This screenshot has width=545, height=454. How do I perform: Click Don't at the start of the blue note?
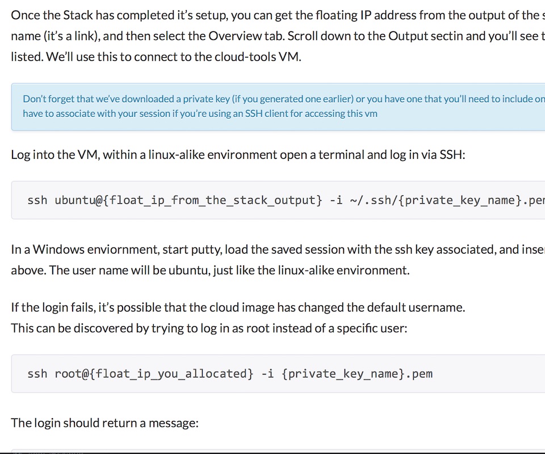click(34, 99)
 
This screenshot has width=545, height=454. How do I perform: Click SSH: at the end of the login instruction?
click(452, 154)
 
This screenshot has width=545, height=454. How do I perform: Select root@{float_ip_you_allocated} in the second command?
click(154, 374)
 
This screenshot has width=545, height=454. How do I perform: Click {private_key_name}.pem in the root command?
click(357, 374)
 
